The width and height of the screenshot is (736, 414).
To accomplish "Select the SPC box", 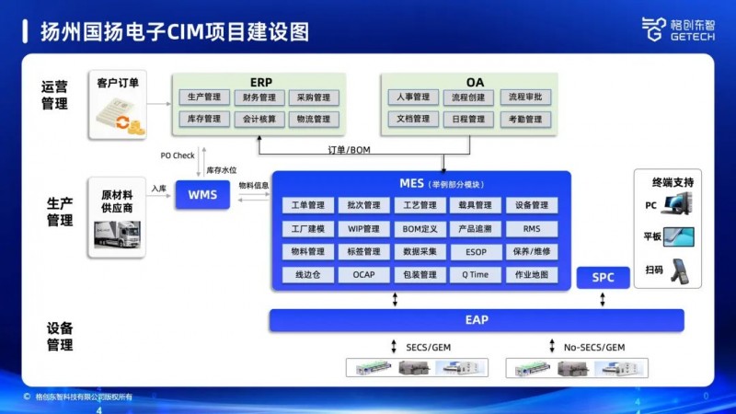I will point(603,277).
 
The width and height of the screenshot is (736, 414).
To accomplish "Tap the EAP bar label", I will point(477,320).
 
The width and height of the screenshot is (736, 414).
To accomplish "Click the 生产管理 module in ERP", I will point(204,98).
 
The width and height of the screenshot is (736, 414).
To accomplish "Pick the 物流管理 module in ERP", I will point(313,119).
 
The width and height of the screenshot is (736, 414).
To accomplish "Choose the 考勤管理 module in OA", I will point(524,119).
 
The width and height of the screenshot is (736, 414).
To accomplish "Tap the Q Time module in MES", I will point(476,274).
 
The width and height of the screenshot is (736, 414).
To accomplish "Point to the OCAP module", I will point(364,274).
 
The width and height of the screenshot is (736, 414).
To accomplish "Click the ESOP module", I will point(476,251).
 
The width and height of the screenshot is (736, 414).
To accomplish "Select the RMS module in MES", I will point(532,228).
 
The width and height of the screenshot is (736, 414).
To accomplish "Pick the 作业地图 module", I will point(532,274).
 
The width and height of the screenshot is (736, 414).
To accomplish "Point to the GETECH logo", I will point(675,29).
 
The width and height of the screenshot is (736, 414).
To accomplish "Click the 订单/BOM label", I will point(350,149).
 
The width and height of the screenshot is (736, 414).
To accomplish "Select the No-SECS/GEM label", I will point(593,348).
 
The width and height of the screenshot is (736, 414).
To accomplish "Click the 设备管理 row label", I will point(59,336).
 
